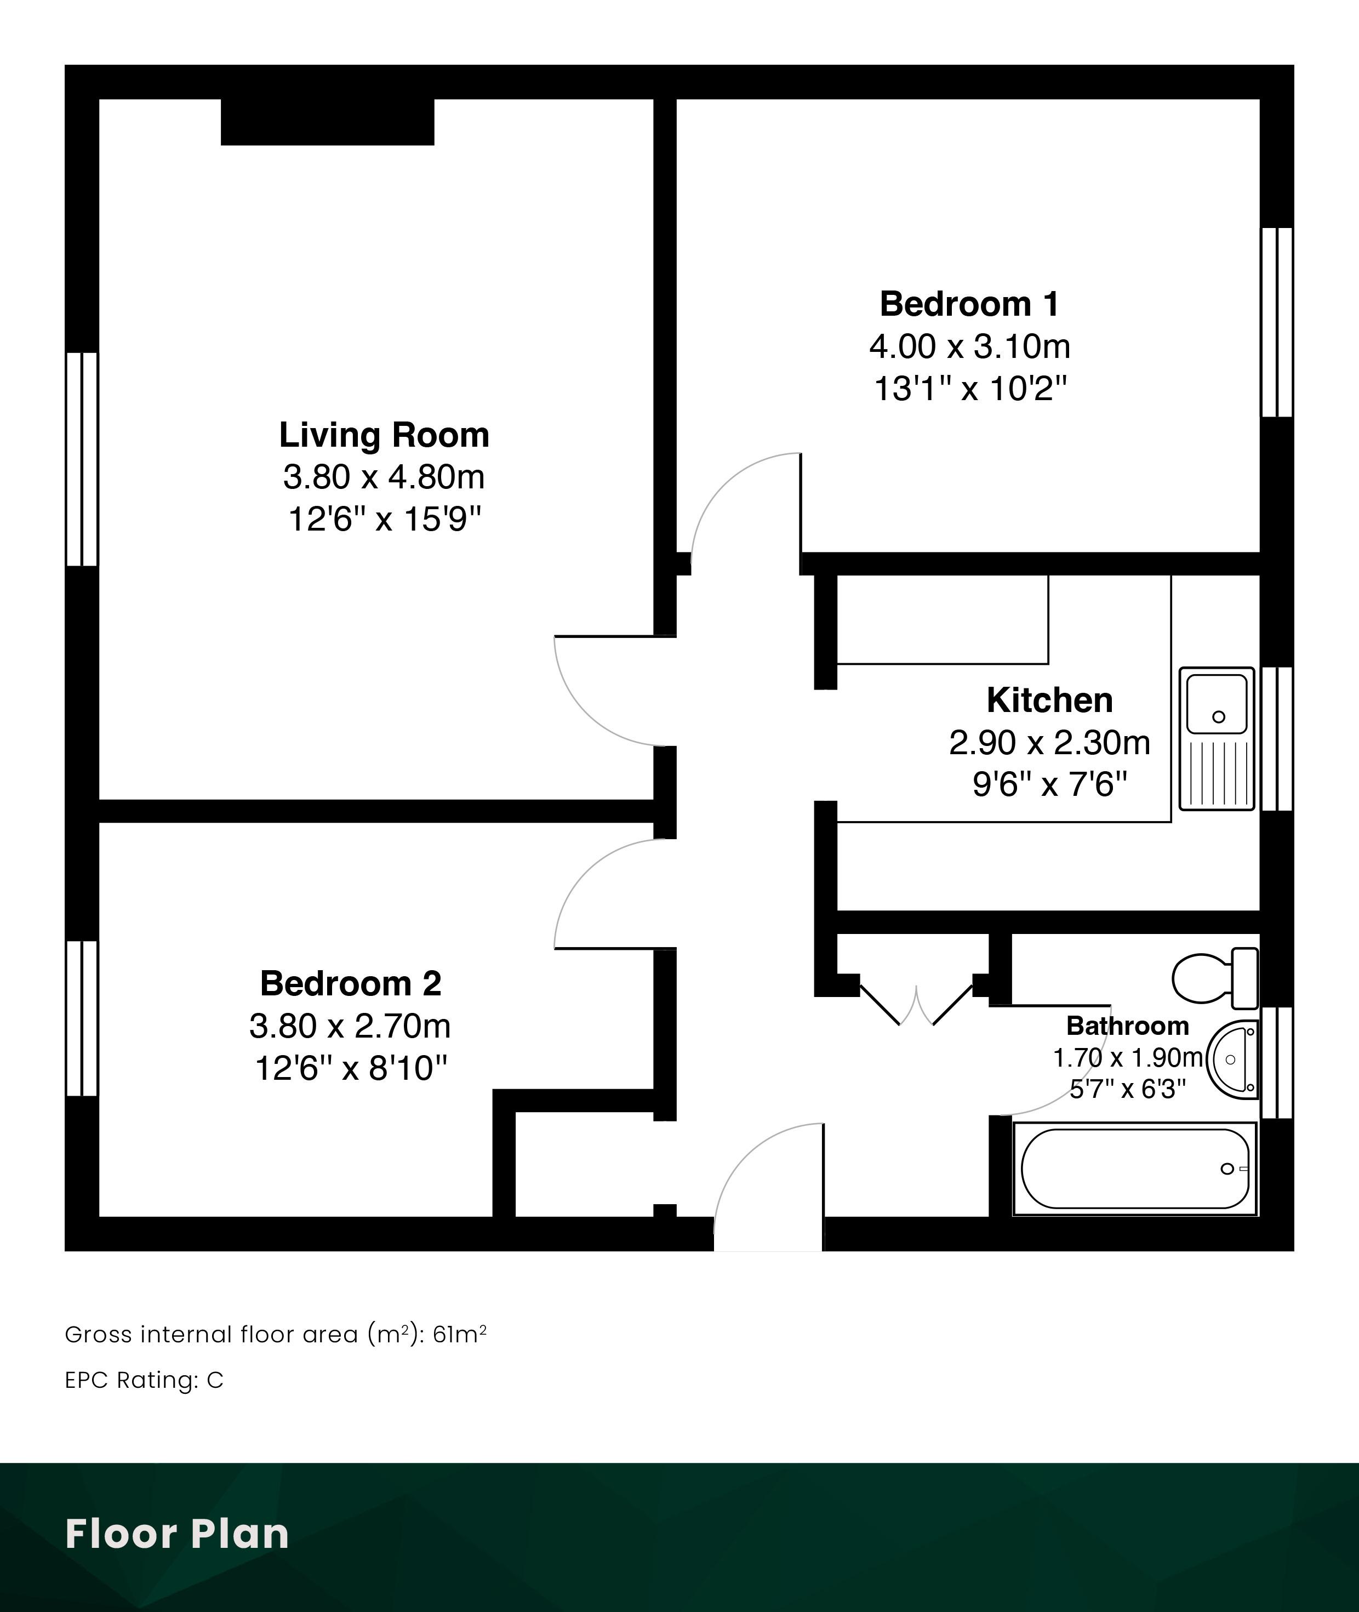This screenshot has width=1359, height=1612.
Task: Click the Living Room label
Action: click(384, 435)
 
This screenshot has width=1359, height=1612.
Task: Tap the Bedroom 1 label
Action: click(970, 304)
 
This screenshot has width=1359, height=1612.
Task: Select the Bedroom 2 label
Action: click(351, 984)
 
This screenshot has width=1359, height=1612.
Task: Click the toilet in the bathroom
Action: click(1215, 978)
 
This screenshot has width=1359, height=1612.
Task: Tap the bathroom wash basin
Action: click(1232, 1060)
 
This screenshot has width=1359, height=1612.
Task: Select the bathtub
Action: click(1135, 1169)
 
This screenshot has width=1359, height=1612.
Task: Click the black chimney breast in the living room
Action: click(328, 122)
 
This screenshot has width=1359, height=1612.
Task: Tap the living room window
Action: click(82, 459)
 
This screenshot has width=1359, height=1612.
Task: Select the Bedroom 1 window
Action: click(1277, 322)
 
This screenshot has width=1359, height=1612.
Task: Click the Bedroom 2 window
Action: click(82, 1018)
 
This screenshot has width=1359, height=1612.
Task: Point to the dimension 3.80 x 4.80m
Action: click(384, 477)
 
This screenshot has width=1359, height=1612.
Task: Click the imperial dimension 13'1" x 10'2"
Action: click(970, 389)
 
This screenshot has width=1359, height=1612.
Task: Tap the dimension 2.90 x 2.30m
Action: click(1049, 743)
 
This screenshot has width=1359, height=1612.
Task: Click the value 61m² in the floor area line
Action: click(460, 1334)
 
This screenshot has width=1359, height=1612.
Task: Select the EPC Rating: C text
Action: click(144, 1380)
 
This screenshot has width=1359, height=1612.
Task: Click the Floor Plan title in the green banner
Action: click(177, 1534)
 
